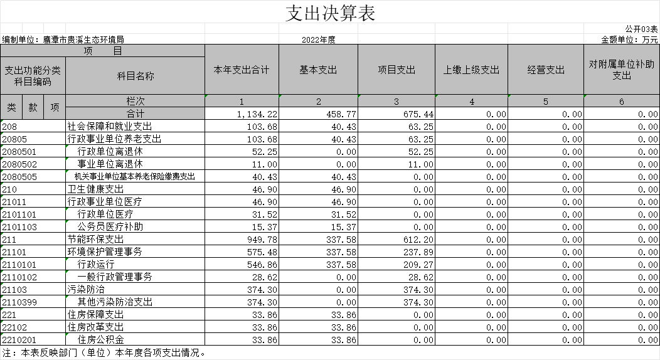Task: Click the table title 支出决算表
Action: (x=331, y=13)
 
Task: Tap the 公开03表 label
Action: (x=641, y=29)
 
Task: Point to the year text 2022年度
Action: (x=319, y=40)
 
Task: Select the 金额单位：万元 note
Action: (x=629, y=40)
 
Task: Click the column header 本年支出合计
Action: (x=241, y=70)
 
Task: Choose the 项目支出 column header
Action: (x=397, y=70)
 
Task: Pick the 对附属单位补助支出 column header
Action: (x=621, y=70)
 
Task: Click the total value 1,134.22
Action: (x=257, y=114)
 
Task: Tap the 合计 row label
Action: (x=135, y=114)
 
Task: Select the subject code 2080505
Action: (x=19, y=177)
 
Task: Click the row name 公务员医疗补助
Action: (x=110, y=226)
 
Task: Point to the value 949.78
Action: (x=265, y=240)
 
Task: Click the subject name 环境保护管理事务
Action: (x=105, y=252)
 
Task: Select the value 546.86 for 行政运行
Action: (x=265, y=265)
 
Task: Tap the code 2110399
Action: (x=19, y=302)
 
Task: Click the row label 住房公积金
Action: (x=100, y=339)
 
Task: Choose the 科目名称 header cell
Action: (x=135, y=76)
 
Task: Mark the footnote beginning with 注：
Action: (x=104, y=353)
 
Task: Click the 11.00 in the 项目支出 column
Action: (x=421, y=164)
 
